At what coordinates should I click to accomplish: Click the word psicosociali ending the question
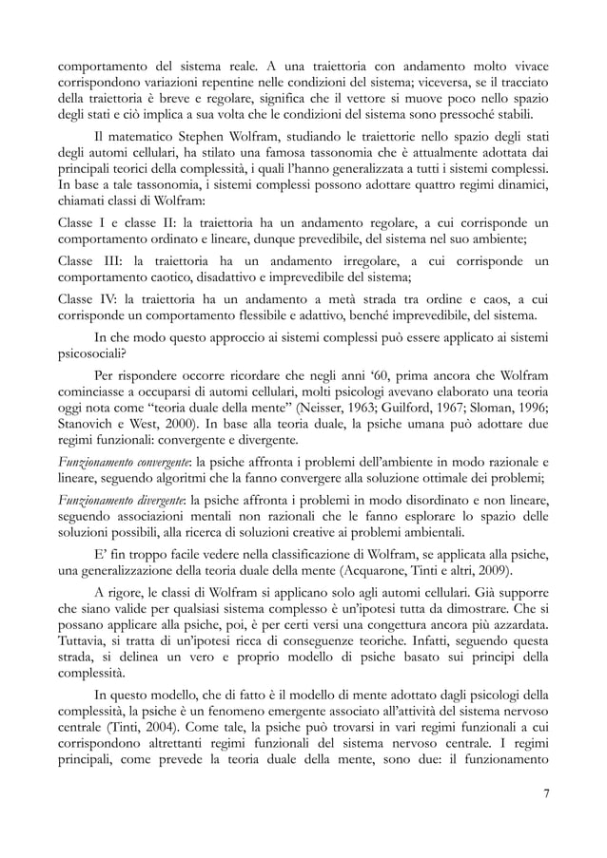click(84, 355)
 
